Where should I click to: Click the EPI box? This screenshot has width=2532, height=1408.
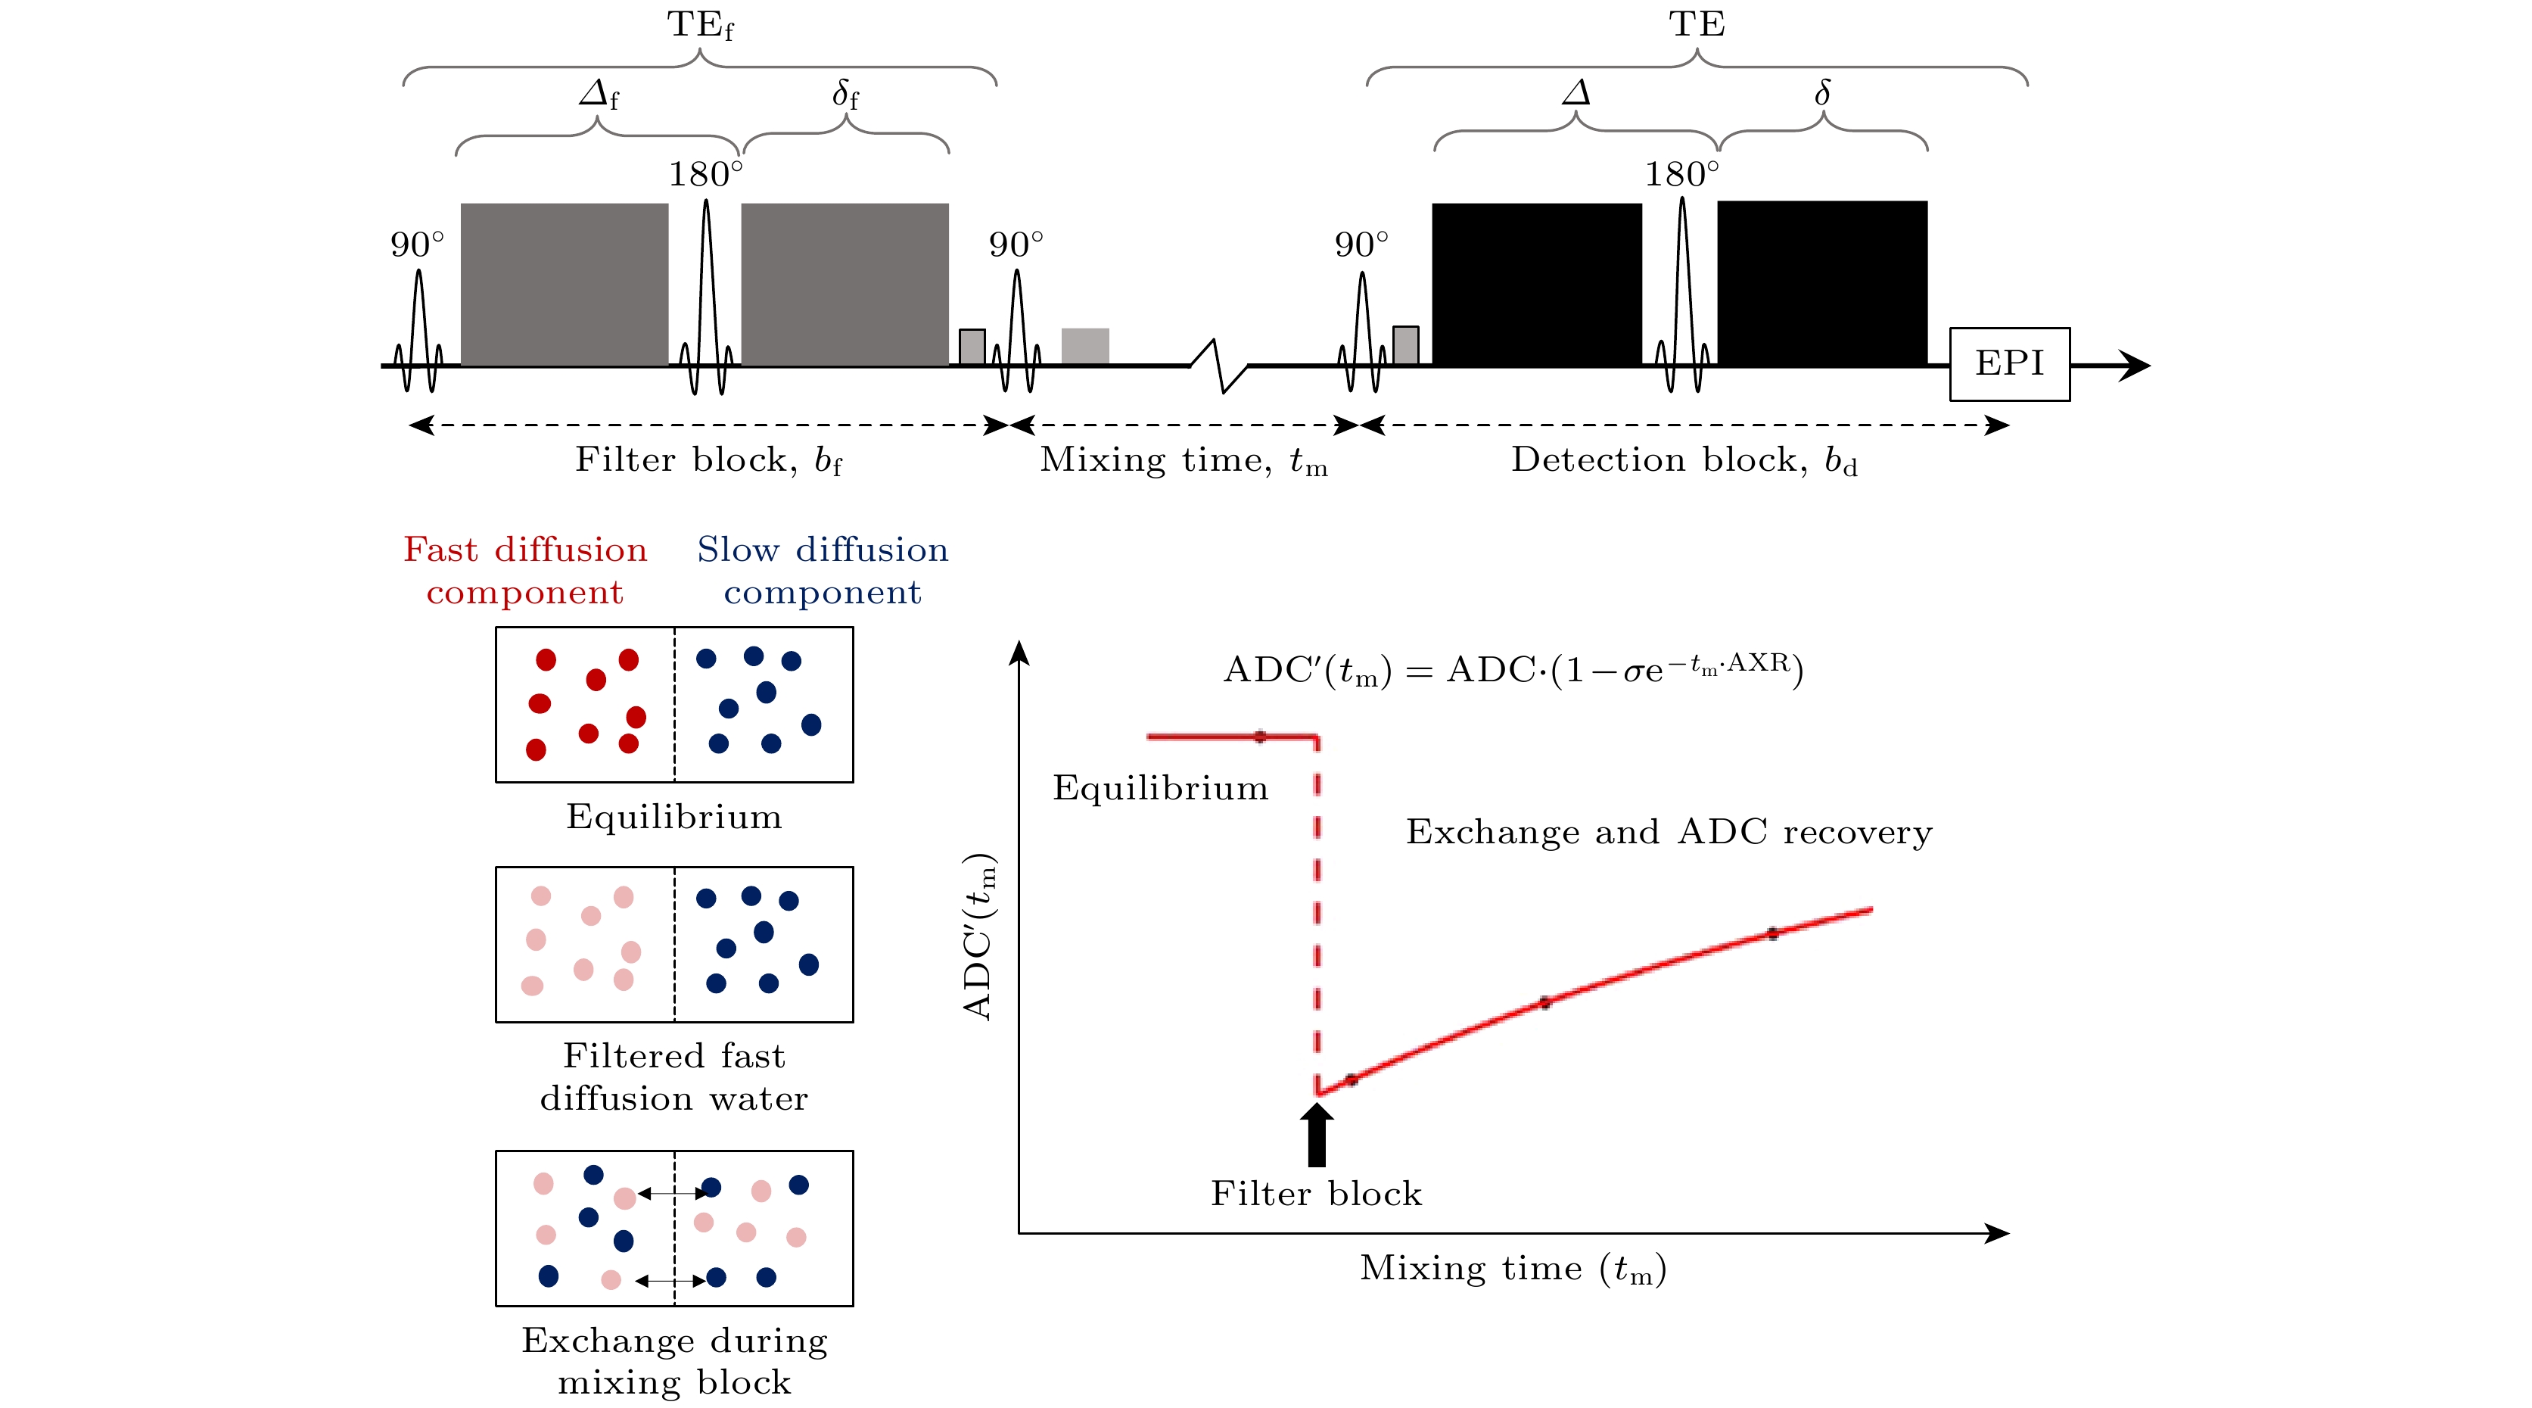(x=2009, y=364)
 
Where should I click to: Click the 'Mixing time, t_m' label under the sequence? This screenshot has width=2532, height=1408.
(x=1184, y=460)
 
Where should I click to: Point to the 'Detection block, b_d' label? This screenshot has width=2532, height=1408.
(x=1684, y=460)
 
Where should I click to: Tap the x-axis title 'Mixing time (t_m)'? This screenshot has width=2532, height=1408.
(x=1513, y=1269)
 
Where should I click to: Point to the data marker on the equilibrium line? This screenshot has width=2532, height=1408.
(x=1260, y=737)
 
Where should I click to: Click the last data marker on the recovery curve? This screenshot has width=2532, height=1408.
(x=1772, y=933)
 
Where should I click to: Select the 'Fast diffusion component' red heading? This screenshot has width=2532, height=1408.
(x=525, y=570)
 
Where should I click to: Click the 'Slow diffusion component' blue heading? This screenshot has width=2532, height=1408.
(x=823, y=570)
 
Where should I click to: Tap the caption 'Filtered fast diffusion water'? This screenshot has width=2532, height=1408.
(x=674, y=1076)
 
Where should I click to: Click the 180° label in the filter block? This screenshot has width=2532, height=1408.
(x=706, y=174)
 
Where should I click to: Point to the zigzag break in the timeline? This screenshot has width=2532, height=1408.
(x=1219, y=366)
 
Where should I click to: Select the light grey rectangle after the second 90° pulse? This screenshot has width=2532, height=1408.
(x=1085, y=346)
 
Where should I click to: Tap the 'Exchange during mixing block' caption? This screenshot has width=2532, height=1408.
(x=674, y=1362)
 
